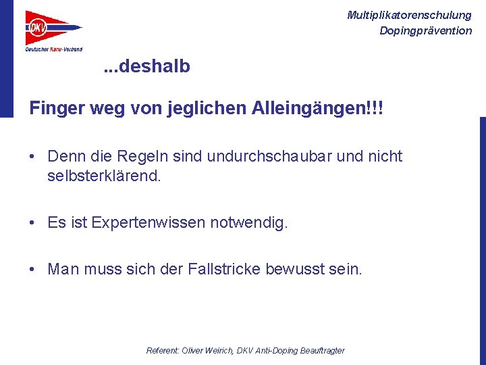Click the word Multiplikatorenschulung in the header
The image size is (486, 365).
click(x=409, y=15)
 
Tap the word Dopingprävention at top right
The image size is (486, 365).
click(x=425, y=30)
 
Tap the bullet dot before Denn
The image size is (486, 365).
click(x=32, y=157)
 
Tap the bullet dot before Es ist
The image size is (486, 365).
click(x=32, y=222)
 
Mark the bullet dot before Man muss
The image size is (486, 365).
click(x=32, y=270)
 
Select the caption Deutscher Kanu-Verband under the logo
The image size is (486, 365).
click(x=54, y=49)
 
